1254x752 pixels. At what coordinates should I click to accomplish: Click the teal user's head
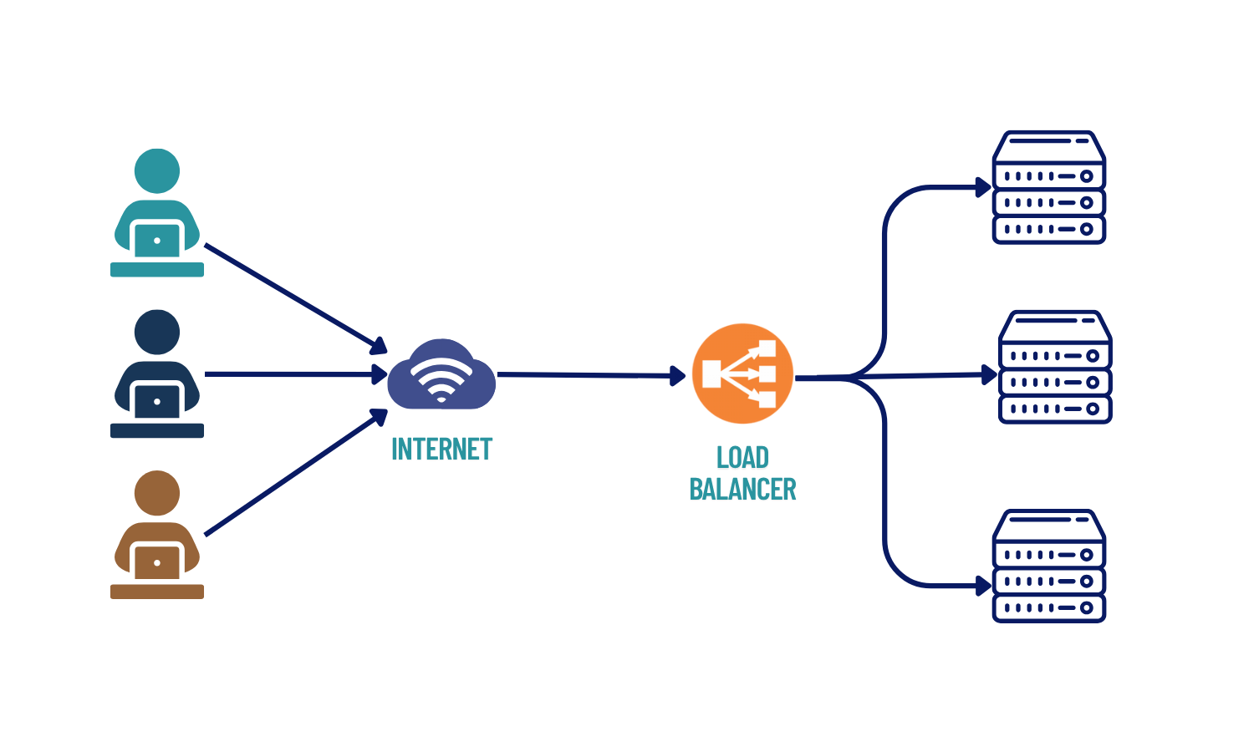click(157, 171)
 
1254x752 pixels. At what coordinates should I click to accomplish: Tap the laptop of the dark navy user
click(157, 402)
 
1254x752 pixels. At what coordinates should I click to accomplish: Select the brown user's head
click(157, 493)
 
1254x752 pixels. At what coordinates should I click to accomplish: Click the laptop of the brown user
click(157, 563)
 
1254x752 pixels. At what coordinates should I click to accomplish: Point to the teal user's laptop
click(157, 241)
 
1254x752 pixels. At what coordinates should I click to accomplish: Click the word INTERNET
click(441, 450)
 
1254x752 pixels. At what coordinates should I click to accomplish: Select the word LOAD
click(742, 458)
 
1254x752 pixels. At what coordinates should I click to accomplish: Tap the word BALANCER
click(742, 490)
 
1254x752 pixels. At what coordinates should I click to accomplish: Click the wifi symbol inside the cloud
click(441, 380)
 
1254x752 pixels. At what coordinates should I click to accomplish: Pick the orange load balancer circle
click(742, 373)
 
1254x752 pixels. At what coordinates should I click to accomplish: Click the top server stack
click(1049, 188)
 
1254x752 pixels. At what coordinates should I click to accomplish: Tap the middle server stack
click(1055, 368)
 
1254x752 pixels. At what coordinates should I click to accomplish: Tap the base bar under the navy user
click(157, 430)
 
